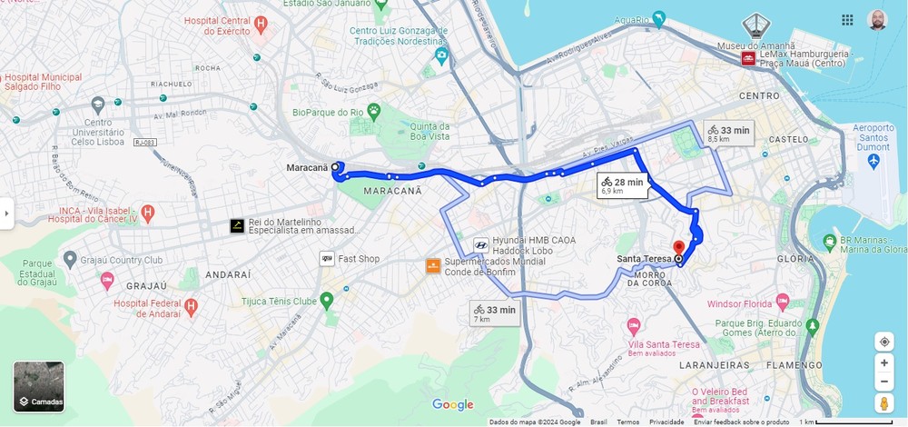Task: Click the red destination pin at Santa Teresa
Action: (x=677, y=247)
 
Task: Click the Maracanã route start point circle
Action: (x=335, y=167)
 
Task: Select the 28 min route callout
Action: (x=622, y=185)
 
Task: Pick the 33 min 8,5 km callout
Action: (x=728, y=134)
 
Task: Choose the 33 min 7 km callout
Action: (x=494, y=313)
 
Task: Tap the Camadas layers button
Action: (x=39, y=386)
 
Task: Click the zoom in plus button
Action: (x=883, y=362)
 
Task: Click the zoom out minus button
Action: (x=883, y=382)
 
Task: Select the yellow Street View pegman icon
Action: (x=883, y=404)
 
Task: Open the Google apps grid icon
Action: (x=847, y=20)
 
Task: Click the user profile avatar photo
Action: (x=876, y=20)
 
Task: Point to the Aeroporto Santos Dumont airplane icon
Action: (x=873, y=160)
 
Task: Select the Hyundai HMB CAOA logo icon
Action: (x=480, y=245)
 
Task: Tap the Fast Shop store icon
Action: (x=326, y=259)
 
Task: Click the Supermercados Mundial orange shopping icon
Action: (x=433, y=266)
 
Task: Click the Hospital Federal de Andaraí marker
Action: (x=191, y=307)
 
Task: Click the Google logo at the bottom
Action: (x=452, y=405)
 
